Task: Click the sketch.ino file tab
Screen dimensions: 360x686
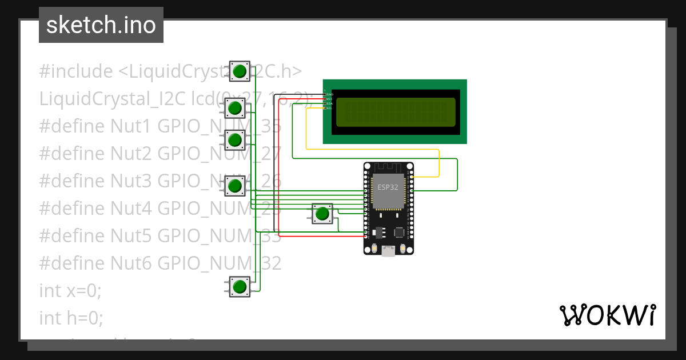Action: point(101,25)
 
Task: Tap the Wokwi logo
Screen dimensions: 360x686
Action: point(607,315)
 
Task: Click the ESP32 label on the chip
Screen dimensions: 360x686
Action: point(388,187)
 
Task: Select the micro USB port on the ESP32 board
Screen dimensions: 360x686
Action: point(388,250)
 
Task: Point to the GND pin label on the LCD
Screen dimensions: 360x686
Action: point(329,94)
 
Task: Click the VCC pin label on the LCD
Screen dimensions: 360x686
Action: point(329,99)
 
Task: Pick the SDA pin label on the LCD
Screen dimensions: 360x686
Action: point(329,103)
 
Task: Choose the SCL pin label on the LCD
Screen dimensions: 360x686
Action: point(329,108)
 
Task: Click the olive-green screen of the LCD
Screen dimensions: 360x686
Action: point(396,112)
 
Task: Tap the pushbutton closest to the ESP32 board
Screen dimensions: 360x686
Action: point(322,214)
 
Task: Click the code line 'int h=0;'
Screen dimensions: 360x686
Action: point(71,318)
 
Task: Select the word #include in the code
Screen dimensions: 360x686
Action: point(76,71)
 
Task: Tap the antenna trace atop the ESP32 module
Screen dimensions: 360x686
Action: point(388,167)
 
